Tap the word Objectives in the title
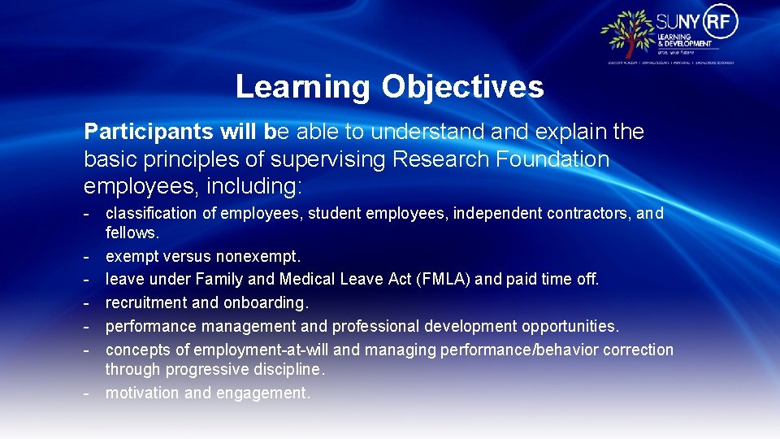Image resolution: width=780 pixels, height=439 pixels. (462, 86)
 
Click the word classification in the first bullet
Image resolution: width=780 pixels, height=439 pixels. (151, 214)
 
